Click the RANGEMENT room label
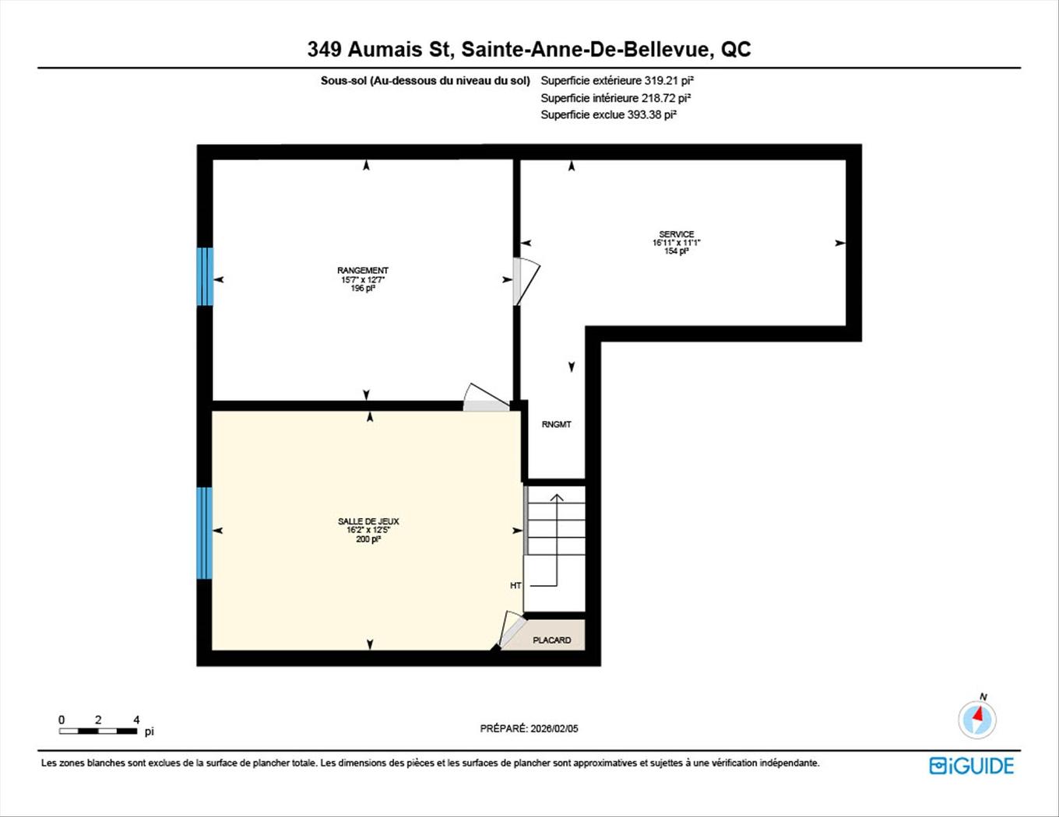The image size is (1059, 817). (x=363, y=271)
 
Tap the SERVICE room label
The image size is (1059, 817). (x=676, y=234)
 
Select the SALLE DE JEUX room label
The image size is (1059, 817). (x=368, y=521)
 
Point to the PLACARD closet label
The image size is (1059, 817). (x=552, y=640)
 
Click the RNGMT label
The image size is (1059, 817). (x=556, y=425)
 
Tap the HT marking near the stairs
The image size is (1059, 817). (x=515, y=585)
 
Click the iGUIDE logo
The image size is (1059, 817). (x=972, y=766)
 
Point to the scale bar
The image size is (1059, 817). (x=98, y=731)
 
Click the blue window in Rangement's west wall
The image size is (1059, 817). (x=205, y=277)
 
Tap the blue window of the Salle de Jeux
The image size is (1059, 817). (x=205, y=533)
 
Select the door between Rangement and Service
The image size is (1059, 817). (x=524, y=282)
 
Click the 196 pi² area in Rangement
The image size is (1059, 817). (x=363, y=288)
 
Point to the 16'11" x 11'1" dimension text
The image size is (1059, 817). (x=676, y=243)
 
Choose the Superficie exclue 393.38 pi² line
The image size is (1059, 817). (x=608, y=114)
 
